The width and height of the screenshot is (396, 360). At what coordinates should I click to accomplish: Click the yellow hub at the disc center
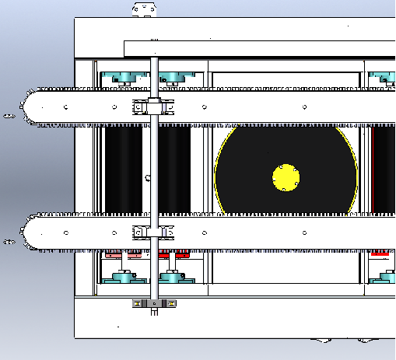point(286,177)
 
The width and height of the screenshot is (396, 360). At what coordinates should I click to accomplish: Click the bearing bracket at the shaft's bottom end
point(154,303)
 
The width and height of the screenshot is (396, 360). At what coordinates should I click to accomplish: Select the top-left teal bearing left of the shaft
point(124,77)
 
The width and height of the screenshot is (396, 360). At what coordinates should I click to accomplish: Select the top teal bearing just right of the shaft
point(174,77)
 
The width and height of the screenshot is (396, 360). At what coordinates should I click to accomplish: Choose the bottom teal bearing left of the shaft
point(124,276)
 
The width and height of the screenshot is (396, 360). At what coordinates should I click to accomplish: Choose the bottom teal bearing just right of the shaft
point(173,276)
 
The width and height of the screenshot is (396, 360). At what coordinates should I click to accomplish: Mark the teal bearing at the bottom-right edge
point(384,276)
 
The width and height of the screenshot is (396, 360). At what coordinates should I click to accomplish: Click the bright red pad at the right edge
point(380,253)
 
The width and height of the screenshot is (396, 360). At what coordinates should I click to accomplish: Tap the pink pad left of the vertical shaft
point(114,254)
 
